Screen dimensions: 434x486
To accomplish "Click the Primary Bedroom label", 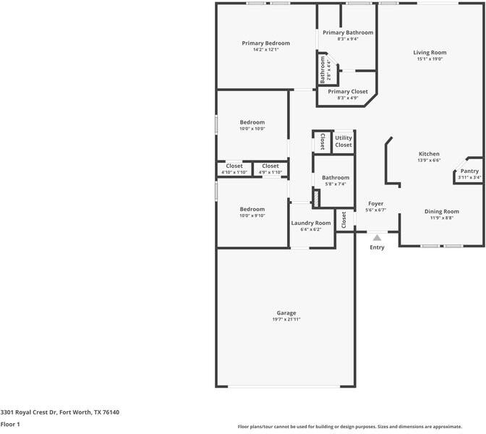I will pos(260,43).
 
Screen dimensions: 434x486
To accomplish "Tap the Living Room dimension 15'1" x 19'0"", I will pos(430,59).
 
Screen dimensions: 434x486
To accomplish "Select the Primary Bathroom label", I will pos(348,33).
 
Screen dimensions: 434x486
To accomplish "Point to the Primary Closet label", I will pos(348,92).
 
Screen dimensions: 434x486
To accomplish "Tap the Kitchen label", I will pos(429,154).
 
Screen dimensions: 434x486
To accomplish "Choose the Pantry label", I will pos(469,171).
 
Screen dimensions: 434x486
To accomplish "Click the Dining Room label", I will pos(441,211).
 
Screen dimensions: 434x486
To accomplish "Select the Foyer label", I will pos(376,204).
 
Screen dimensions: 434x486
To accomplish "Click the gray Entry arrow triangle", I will pos(377,237).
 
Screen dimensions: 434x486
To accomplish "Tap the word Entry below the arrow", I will pos(377,247).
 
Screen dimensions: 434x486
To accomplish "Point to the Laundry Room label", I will pos(311,223).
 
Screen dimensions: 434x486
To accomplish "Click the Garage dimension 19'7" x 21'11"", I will pos(286,319).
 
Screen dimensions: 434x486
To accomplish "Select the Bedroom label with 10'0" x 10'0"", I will pos(252,122).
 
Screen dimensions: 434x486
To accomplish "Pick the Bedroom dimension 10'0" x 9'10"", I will pos(252,216).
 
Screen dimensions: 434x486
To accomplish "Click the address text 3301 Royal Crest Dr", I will pos(29,412).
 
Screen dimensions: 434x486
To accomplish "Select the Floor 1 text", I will pos(10,424).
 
